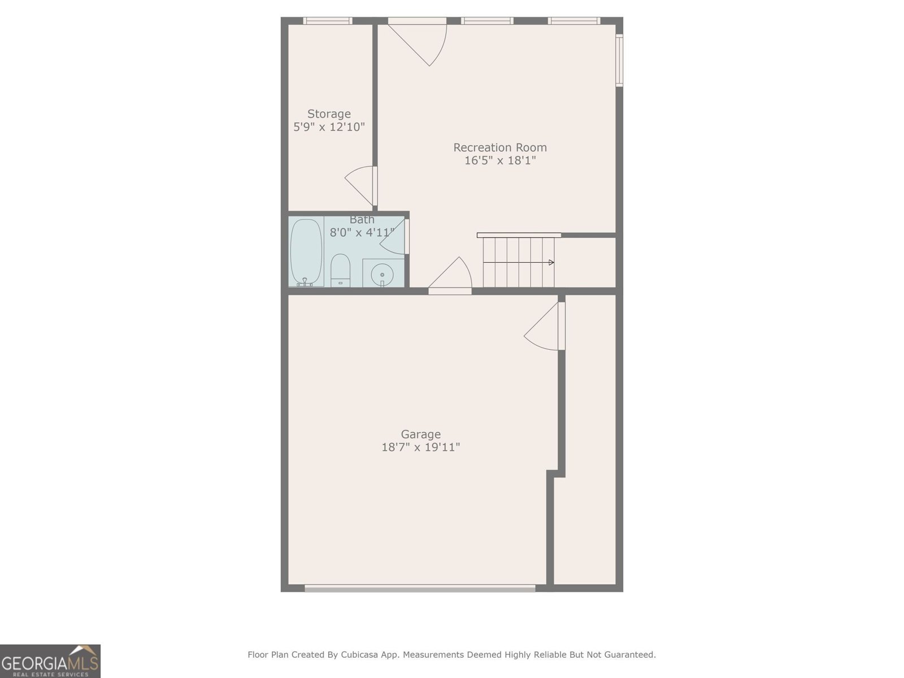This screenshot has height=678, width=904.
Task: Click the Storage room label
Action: (x=329, y=114)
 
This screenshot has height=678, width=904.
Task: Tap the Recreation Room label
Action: (x=500, y=147)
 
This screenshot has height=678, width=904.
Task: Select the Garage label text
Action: (x=420, y=434)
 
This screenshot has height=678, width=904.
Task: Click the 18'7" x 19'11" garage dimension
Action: (x=420, y=447)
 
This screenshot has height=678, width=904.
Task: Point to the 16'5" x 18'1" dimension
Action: (x=500, y=160)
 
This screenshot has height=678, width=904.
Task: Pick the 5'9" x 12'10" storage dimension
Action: (x=329, y=127)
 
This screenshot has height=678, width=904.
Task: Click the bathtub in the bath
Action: (x=306, y=252)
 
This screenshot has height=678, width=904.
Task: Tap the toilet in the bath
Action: (x=340, y=270)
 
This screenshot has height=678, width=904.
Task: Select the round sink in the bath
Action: (x=383, y=274)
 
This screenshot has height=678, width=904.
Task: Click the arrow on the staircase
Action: (x=551, y=262)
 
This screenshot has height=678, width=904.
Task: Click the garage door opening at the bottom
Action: (x=420, y=588)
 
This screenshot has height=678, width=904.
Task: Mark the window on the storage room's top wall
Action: (x=328, y=21)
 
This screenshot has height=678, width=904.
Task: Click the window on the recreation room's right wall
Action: (x=619, y=60)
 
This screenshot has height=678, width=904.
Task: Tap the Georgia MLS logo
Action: (x=50, y=661)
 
